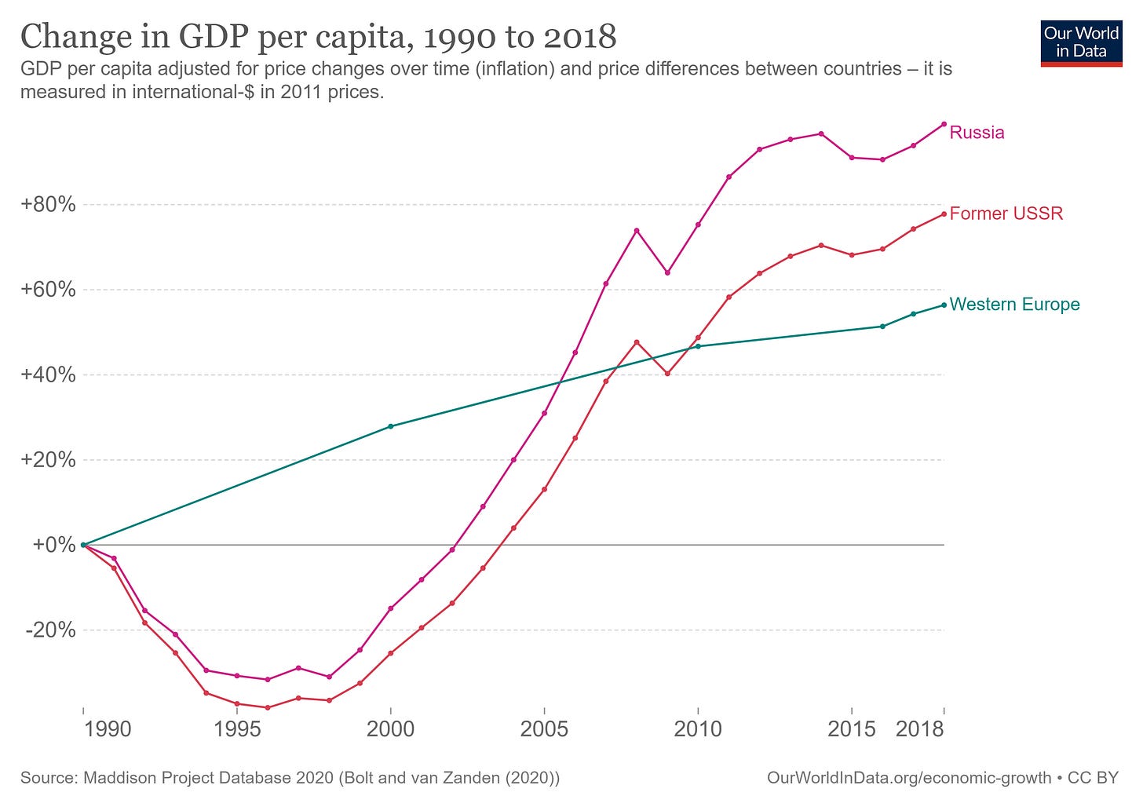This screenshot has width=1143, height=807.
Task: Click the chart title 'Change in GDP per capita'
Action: click(x=318, y=37)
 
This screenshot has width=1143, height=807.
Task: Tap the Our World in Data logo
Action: click(x=1081, y=43)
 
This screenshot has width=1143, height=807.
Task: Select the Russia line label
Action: click(x=977, y=133)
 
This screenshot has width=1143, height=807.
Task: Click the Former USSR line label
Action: click(x=1006, y=214)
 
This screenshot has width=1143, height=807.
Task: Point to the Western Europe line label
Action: click(x=1014, y=305)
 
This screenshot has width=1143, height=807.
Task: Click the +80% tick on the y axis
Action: click(x=49, y=205)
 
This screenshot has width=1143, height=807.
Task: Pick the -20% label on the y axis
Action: click(x=51, y=630)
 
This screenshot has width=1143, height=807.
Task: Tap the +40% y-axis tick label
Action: click(x=49, y=375)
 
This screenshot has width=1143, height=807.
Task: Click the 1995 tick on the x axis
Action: click(x=237, y=729)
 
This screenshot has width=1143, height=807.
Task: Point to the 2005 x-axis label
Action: click(x=544, y=729)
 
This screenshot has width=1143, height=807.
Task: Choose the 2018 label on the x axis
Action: click(x=919, y=729)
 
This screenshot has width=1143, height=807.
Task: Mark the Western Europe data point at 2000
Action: click(x=391, y=426)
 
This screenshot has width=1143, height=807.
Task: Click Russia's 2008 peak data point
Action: click(x=637, y=230)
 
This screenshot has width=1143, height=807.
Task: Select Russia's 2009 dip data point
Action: click(x=667, y=272)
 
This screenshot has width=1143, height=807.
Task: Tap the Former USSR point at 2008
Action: click(x=637, y=342)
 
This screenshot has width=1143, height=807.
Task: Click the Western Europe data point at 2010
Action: click(x=698, y=346)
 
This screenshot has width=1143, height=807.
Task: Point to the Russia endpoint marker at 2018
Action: click(x=944, y=124)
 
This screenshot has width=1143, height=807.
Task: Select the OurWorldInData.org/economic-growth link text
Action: click(x=908, y=778)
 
